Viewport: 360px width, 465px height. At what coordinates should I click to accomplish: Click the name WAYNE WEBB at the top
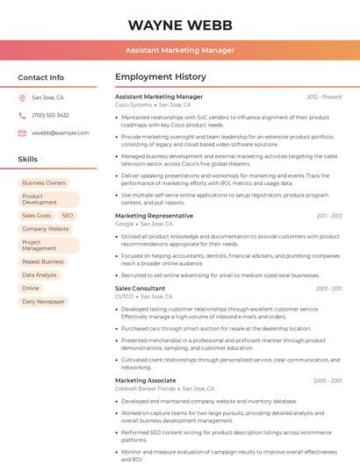[180, 24]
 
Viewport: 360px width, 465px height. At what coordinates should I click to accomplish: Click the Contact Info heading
[41, 77]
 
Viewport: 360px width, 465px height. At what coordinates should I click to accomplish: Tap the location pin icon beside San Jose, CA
[22, 98]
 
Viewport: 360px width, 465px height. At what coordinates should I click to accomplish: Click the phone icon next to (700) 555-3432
[22, 116]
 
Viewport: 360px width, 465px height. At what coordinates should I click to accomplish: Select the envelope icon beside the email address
[22, 132]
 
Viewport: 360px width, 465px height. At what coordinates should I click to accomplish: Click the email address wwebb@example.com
[61, 132]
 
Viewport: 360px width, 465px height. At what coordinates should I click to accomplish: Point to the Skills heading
[28, 160]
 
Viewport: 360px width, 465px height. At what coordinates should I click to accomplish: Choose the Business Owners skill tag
[44, 182]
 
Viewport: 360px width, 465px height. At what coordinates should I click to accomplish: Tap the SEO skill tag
[68, 215]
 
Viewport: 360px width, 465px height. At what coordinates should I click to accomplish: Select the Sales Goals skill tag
[36, 215]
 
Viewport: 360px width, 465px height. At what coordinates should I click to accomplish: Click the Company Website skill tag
[46, 229]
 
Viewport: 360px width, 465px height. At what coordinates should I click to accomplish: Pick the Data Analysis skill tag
[40, 275]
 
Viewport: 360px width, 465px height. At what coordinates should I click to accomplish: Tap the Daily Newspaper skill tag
[43, 301]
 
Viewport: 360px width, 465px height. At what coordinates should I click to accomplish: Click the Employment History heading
[161, 77]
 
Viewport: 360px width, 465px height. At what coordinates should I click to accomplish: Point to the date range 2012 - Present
[324, 97]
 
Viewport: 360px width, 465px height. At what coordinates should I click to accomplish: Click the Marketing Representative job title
[155, 215]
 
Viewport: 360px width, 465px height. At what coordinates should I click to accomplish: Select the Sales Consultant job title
[140, 288]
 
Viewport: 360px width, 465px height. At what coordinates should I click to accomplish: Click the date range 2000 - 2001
[328, 381]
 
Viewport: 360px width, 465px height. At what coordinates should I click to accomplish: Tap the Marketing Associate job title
[146, 381]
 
